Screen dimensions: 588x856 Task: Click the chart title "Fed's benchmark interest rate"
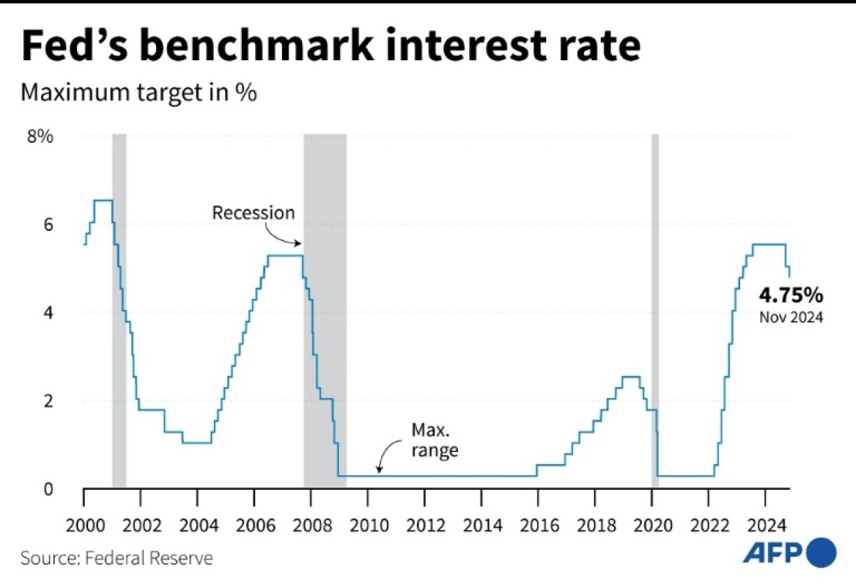tap(330, 47)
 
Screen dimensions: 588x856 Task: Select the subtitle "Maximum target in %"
tap(138, 92)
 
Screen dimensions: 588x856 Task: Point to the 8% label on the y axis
tap(40, 136)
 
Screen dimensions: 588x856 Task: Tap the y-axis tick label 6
tap(47, 225)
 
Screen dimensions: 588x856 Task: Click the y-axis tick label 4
tap(47, 313)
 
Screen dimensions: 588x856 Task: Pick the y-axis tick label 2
tap(47, 401)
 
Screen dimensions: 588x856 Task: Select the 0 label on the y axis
tap(47, 489)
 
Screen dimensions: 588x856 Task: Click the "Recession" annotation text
tap(254, 212)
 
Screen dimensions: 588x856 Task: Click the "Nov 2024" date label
tap(792, 317)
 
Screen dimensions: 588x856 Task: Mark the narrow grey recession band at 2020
tap(655, 308)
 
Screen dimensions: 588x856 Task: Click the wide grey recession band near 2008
tap(324, 308)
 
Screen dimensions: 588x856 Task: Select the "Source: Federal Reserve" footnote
tap(117, 558)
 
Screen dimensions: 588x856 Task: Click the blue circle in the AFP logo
tap(821, 552)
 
